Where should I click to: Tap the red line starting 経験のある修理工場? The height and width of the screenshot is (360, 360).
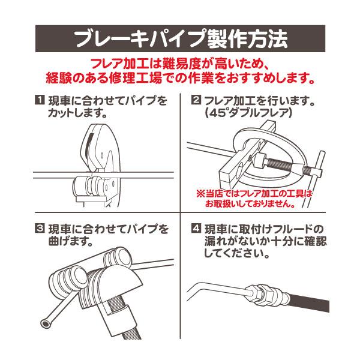[x=180, y=78]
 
